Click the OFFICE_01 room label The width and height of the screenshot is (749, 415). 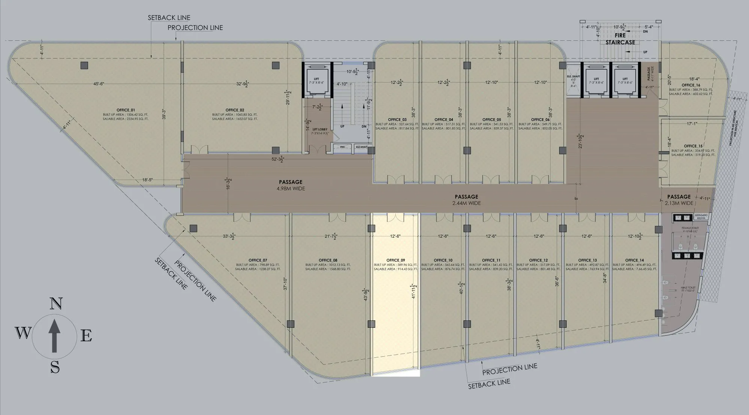tap(125, 110)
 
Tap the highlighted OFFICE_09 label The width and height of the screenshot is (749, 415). tap(395, 260)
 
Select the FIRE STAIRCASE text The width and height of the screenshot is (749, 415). tap(620, 39)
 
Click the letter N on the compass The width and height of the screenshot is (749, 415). tap(55, 304)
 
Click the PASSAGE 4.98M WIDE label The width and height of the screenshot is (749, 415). tap(291, 185)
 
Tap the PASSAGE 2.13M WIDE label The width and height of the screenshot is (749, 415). tap(679, 200)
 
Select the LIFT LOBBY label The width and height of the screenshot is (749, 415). tap(318, 129)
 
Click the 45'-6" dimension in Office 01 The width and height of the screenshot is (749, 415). tap(98, 84)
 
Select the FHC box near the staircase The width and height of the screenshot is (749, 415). tap(342, 147)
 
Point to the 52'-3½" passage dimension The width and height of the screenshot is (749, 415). tap(278, 159)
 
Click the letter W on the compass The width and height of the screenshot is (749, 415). tap(23, 332)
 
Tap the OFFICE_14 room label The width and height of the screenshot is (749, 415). tap(634, 260)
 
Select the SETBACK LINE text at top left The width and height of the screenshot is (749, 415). tap(169, 18)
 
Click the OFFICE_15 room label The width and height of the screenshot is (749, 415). tap(693, 146)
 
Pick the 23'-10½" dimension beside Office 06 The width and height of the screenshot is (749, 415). tap(580, 141)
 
